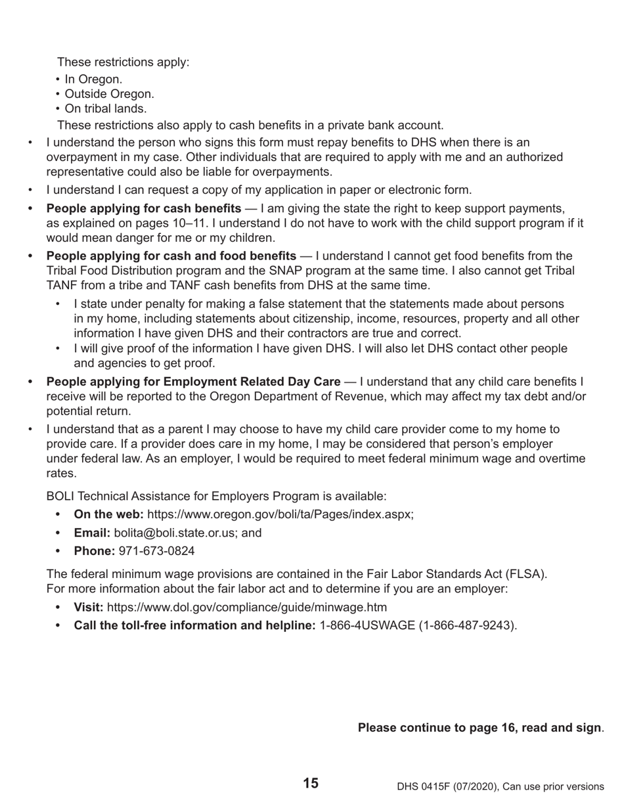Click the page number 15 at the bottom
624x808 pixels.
[311, 783]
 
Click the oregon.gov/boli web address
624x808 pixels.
[280, 514]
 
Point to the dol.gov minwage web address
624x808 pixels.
[246, 607]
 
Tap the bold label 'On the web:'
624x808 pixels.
[108, 514]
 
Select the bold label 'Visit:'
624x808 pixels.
[88, 607]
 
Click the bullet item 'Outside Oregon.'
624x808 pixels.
[109, 94]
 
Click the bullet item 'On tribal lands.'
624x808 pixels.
[105, 109]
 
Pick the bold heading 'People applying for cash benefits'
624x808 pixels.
[143, 209]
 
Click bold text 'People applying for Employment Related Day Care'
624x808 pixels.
[193, 382]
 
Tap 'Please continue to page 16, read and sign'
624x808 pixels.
[479, 728]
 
